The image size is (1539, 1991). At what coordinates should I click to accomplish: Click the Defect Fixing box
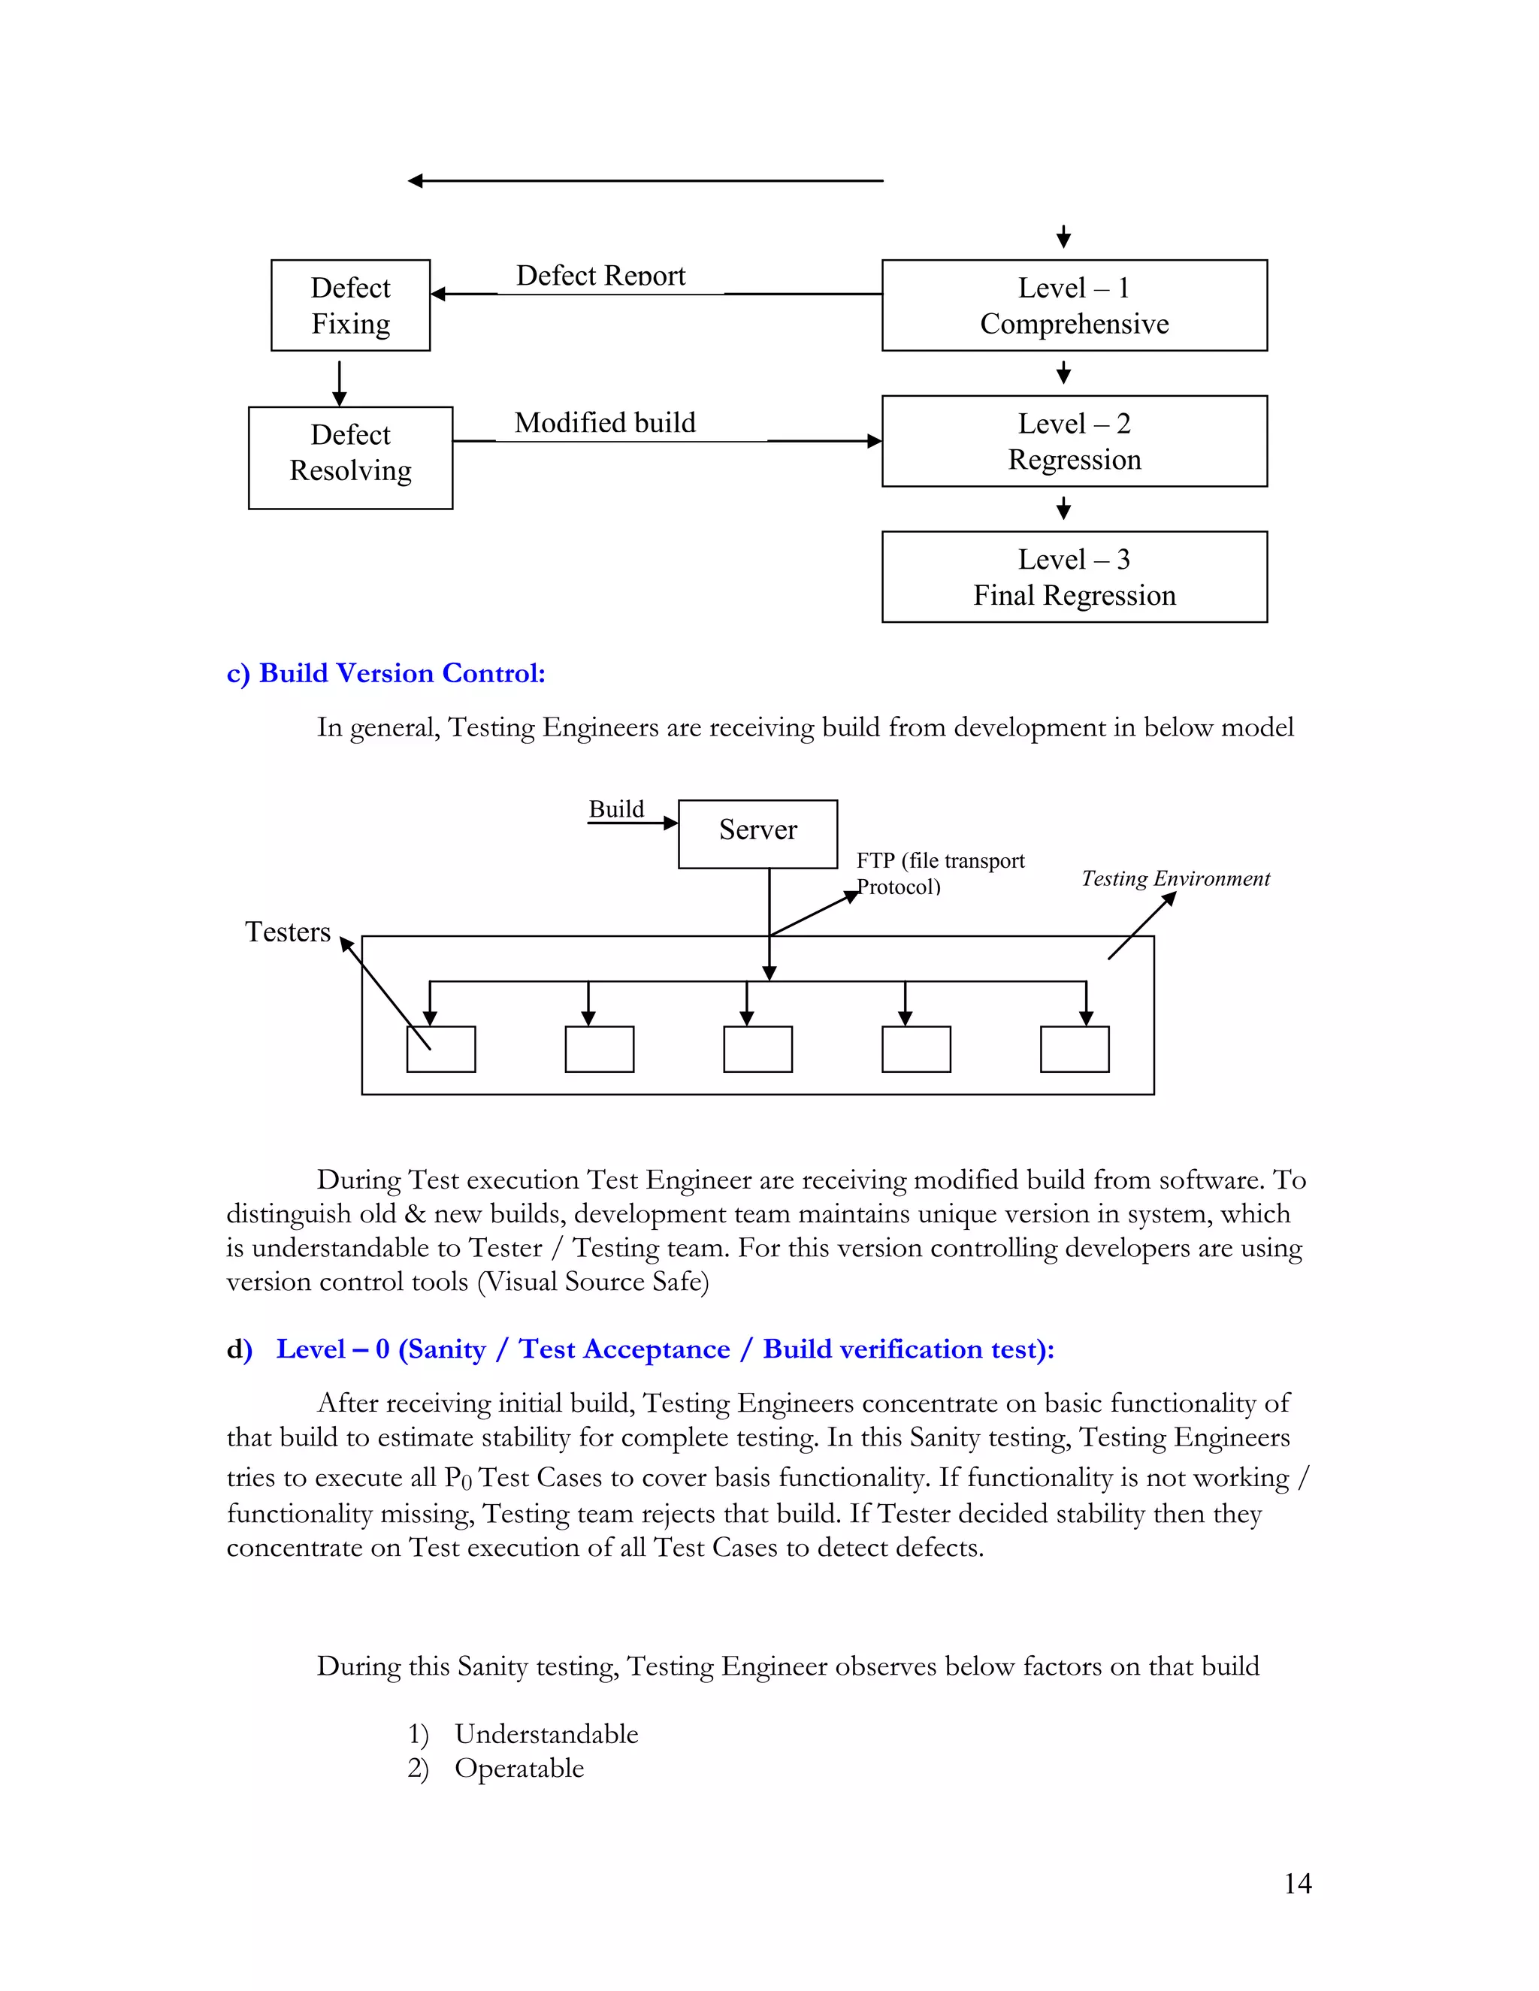pos(350,305)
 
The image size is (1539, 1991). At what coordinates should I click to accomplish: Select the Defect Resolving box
pos(350,458)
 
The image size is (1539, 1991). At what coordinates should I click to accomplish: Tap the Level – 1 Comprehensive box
pos(1074,305)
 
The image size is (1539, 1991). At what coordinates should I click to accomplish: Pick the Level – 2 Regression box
pos(1074,441)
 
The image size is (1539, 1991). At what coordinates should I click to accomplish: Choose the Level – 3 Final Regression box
pos(1074,577)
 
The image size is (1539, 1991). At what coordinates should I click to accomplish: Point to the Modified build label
pos(604,423)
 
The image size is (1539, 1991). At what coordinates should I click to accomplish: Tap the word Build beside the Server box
pos(616,809)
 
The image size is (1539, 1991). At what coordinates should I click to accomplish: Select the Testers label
pos(287,932)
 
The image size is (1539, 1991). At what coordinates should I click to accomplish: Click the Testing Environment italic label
pos(1175,879)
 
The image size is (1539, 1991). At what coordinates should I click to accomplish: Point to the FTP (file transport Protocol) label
pos(939,873)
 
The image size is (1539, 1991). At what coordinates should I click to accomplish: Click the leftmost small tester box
pos(441,1050)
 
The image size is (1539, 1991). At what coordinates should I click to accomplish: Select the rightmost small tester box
pos(1074,1050)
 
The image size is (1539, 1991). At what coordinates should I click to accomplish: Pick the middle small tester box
pos(757,1050)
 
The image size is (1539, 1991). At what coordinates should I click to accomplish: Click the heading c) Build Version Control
pos(386,674)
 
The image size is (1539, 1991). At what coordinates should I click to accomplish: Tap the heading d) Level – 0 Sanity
pos(640,1349)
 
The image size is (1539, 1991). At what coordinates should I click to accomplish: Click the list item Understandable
pos(546,1734)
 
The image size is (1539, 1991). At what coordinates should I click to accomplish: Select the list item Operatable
pos(519,1769)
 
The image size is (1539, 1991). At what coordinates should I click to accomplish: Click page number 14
pos(1296,1884)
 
